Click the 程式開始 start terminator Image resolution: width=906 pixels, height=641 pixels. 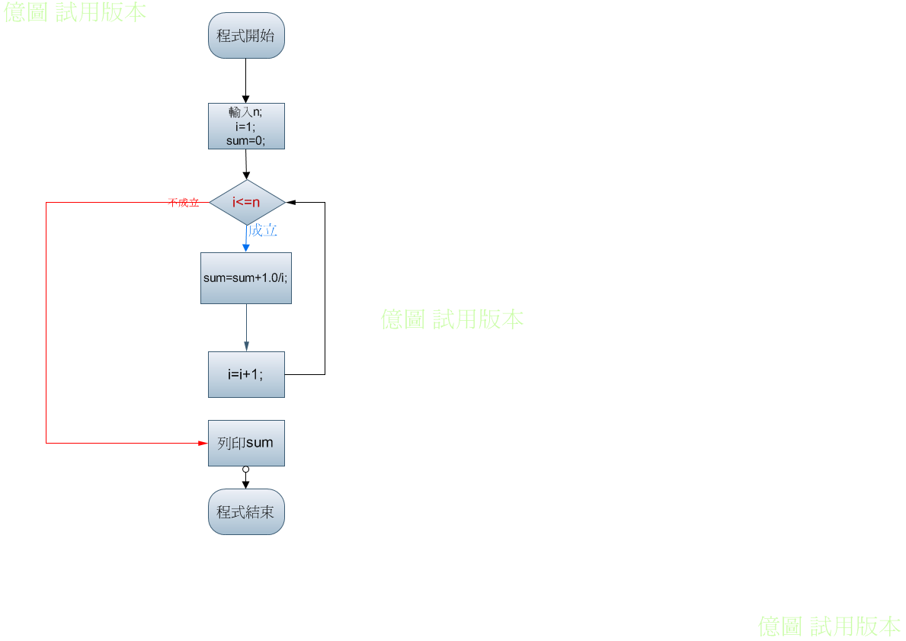[246, 35]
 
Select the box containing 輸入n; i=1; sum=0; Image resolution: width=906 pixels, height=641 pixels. [246, 126]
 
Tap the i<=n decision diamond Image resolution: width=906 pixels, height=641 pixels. [248, 202]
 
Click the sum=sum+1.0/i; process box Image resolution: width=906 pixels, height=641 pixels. [246, 278]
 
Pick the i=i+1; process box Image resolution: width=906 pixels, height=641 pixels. [246, 374]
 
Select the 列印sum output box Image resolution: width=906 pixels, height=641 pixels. [246, 444]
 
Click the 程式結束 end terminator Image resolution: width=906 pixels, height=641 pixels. [246, 511]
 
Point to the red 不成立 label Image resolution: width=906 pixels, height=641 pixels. [183, 202]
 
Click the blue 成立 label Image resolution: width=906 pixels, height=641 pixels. [263, 231]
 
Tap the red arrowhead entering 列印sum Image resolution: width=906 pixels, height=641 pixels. [203, 444]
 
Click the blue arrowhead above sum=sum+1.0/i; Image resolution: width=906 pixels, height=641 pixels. [246, 248]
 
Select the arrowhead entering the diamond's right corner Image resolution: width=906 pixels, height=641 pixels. [291, 202]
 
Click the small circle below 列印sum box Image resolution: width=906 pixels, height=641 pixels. [245, 470]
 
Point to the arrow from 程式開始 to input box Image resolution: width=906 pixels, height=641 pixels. [245, 81]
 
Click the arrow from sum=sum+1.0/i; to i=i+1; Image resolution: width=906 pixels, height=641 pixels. [247, 328]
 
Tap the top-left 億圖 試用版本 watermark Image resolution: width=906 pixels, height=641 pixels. [75, 12]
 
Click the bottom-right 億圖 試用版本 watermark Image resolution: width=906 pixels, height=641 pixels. [829, 627]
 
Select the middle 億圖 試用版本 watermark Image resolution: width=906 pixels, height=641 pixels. [453, 319]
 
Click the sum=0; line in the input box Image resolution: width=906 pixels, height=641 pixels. [245, 140]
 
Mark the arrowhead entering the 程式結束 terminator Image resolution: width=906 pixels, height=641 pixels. [245, 484]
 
